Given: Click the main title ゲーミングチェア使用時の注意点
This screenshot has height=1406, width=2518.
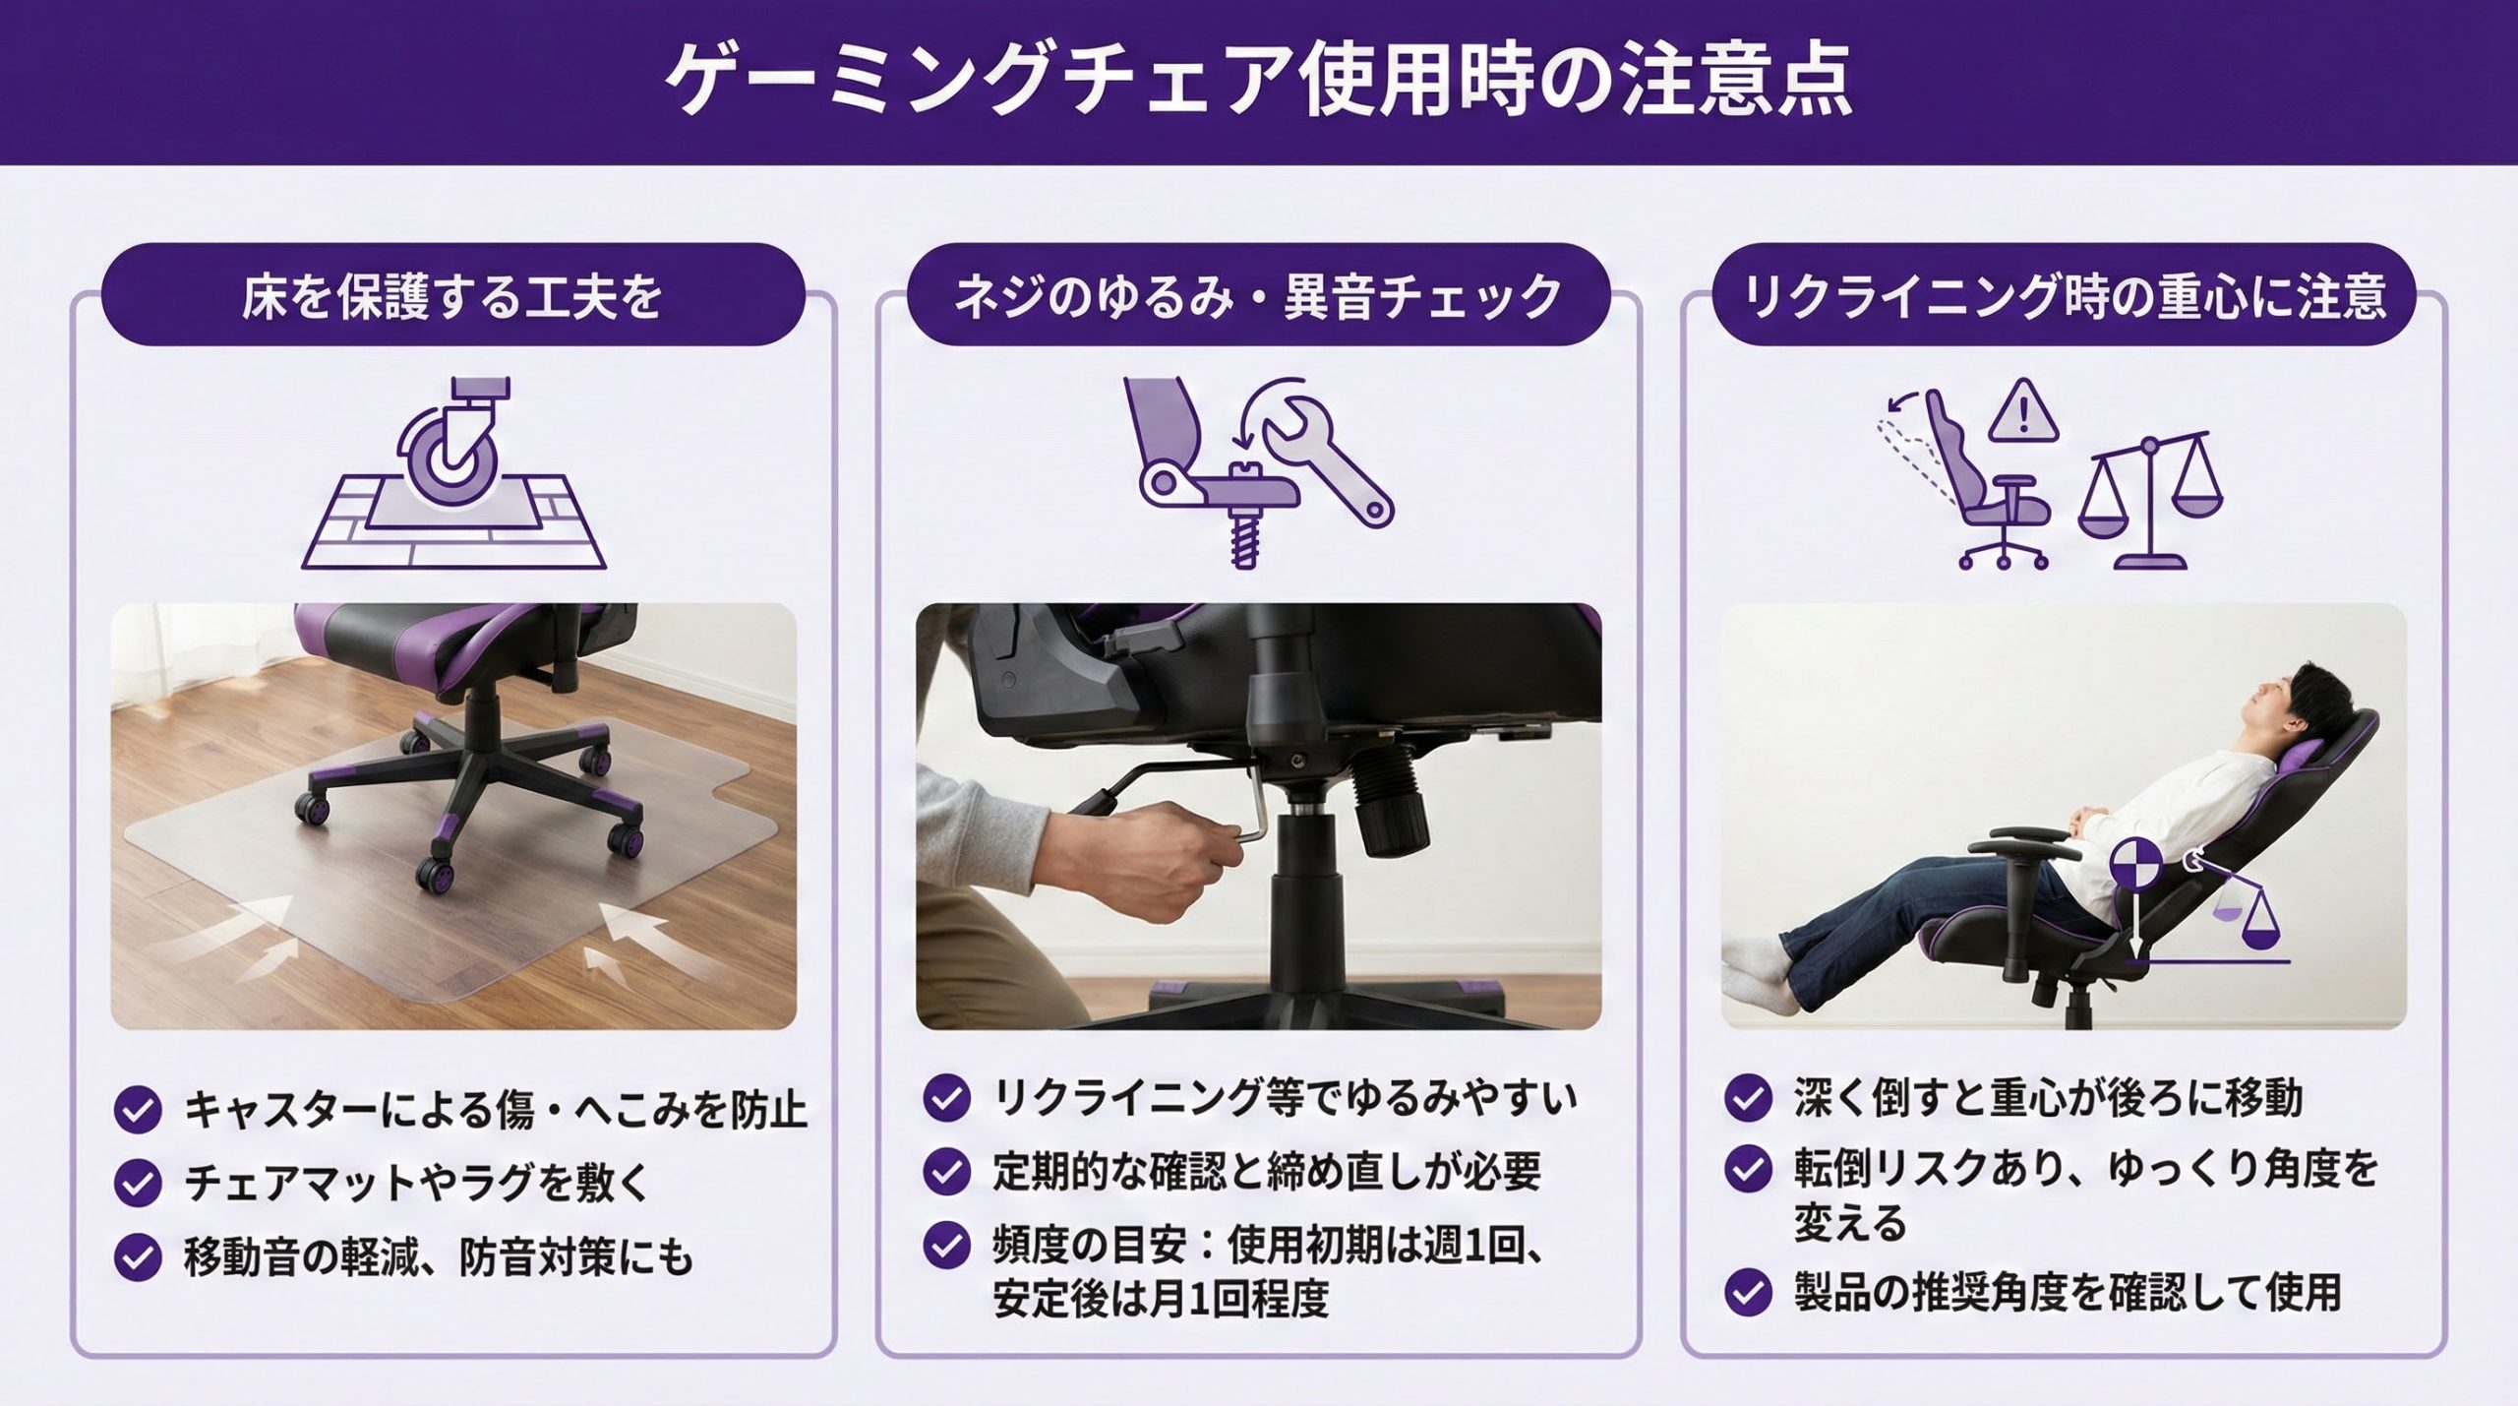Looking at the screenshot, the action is click(1258, 81).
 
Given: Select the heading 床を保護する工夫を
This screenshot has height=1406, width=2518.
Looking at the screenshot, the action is click(452, 297).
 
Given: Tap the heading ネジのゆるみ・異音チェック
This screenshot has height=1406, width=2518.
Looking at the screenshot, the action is click(1258, 297).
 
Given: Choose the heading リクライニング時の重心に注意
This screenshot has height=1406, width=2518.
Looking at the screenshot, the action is click(2065, 297).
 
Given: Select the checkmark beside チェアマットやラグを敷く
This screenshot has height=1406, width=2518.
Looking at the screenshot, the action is click(138, 1183).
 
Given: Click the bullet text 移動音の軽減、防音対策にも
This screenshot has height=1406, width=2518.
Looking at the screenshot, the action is click(439, 1257).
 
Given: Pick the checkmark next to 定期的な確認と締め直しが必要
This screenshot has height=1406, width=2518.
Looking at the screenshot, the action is click(947, 1171).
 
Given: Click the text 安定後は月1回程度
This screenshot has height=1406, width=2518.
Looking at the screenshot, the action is click(1161, 1299).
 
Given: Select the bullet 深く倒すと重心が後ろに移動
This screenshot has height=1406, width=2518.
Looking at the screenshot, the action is click(2049, 1097).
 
